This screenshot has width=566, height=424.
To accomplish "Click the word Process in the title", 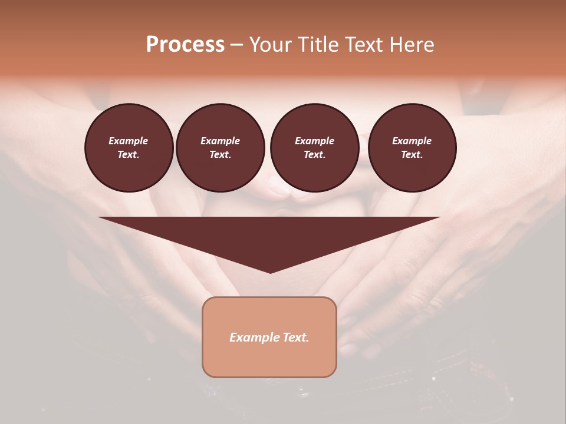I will pyautogui.click(x=185, y=45).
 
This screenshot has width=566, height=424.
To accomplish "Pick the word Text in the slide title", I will pyautogui.click(x=365, y=45).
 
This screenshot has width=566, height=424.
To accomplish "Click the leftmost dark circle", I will pyautogui.click(x=129, y=148).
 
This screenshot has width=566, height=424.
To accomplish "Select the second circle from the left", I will pyautogui.click(x=220, y=148).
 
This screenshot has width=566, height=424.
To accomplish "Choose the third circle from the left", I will pyautogui.click(x=314, y=148).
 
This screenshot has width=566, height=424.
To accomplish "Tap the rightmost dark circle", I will pyautogui.click(x=412, y=148).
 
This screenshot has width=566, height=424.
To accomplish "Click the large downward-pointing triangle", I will pyautogui.click(x=269, y=236).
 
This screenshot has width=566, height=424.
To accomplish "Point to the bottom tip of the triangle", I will pyautogui.click(x=270, y=271).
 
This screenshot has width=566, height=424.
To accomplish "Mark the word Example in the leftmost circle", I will pyautogui.click(x=129, y=141).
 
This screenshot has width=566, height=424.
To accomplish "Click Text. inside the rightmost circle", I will pyautogui.click(x=412, y=154).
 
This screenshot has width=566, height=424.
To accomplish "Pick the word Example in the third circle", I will pyautogui.click(x=314, y=141).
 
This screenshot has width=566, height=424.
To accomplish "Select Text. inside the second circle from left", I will pyautogui.click(x=220, y=154).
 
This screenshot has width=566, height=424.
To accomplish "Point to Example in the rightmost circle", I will pyautogui.click(x=412, y=141).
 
